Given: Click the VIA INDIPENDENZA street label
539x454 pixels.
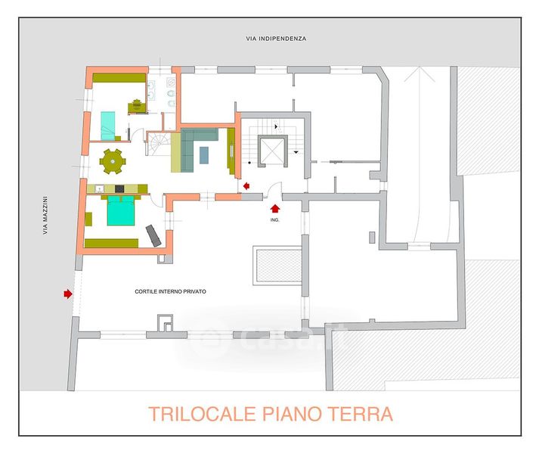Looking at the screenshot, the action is tap(276, 39).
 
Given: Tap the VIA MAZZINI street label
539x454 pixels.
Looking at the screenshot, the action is tap(45, 216).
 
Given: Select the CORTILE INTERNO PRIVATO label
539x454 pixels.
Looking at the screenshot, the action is tap(171, 291).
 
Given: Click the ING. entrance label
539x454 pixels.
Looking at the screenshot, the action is tap(274, 219).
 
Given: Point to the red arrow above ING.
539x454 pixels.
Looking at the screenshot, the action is tap(275, 209).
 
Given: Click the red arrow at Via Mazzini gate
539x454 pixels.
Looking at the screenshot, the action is tap(68, 294).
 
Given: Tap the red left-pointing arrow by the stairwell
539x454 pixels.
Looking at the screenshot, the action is tap(246, 186).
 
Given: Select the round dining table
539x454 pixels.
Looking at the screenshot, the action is tap(113, 161).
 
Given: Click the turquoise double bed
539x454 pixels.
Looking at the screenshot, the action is tap(121, 210).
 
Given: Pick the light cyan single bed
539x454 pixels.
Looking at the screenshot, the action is tap(108, 126).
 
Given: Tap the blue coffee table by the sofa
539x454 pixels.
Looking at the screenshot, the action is tap(204, 155).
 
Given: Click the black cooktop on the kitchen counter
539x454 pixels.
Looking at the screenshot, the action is tap(119, 188).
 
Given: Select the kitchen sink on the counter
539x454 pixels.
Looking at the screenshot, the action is tap(100, 188).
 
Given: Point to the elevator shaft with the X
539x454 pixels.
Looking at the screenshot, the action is tap(273, 151).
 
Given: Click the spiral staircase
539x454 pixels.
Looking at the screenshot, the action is tap(159, 144).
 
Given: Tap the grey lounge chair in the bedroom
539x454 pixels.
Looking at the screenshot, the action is tap(153, 236).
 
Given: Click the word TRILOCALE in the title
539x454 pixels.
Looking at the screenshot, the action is tap(203, 414).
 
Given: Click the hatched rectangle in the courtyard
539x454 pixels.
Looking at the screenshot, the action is tap(279, 266).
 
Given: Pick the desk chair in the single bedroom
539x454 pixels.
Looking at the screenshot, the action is tap(137, 106).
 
